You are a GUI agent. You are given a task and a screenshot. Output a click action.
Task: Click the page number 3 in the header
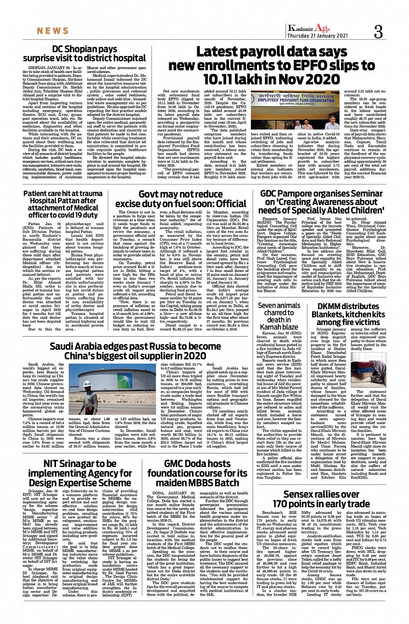[x=378, y=32]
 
